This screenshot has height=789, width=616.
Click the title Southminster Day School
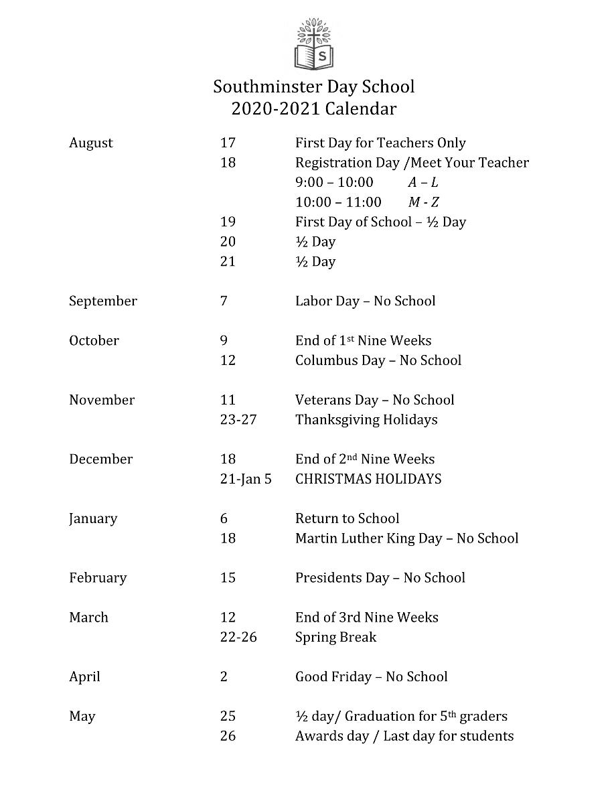(x=313, y=87)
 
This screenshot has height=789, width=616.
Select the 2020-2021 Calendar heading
(x=313, y=109)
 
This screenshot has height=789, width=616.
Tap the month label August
(x=91, y=143)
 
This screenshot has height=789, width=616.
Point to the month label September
(x=102, y=301)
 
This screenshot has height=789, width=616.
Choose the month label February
(x=98, y=578)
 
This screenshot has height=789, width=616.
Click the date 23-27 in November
(x=238, y=420)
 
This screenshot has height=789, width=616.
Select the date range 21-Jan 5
(x=246, y=480)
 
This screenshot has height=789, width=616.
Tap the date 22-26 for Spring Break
(x=238, y=637)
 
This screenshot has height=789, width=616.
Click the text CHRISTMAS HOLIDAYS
(x=368, y=480)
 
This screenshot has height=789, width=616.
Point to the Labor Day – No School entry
(x=365, y=301)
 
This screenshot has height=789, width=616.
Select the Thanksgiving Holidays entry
(x=366, y=420)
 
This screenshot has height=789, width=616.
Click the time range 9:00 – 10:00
(x=334, y=183)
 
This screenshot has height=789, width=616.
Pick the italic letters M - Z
(x=424, y=202)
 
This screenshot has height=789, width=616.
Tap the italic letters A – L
(x=423, y=183)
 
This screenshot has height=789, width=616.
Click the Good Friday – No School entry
(x=372, y=676)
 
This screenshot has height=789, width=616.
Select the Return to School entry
(x=347, y=518)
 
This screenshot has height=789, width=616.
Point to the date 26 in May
(x=228, y=736)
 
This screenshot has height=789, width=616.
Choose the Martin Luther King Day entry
(x=406, y=539)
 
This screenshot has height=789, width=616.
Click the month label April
(x=84, y=676)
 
